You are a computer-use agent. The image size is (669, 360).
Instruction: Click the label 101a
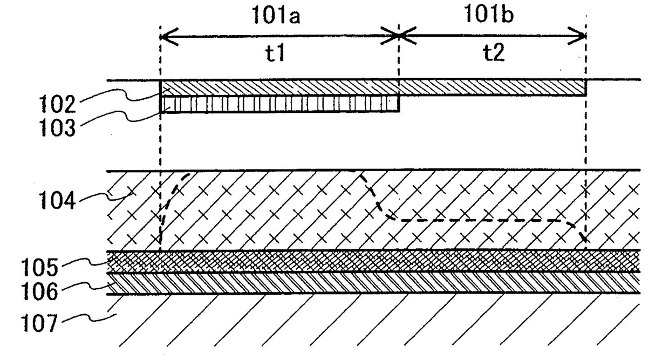click(277, 16)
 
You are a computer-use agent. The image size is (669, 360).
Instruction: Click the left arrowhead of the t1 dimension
click(165, 37)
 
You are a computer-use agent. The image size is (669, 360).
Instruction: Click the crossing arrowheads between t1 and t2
click(399, 36)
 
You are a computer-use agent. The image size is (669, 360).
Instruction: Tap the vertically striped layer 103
click(279, 104)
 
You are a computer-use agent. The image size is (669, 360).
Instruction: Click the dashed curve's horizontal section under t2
click(475, 220)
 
